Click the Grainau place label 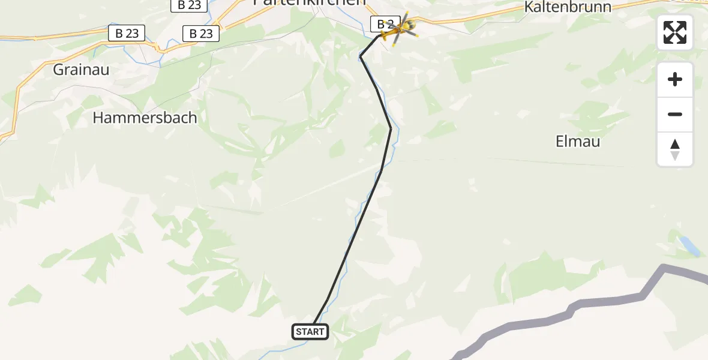click(x=81, y=70)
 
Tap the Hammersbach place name click(x=145, y=118)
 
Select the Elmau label click(x=578, y=142)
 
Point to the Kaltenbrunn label click(x=568, y=7)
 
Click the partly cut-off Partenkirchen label click(x=310, y=2)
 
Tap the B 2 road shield click(x=383, y=25)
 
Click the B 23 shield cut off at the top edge click(x=190, y=5)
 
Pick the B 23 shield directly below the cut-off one click(x=201, y=34)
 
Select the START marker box click(x=310, y=331)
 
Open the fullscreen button click(x=675, y=32)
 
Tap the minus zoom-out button click(x=675, y=114)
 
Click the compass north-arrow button click(x=675, y=149)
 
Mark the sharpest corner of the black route click(x=361, y=56)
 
